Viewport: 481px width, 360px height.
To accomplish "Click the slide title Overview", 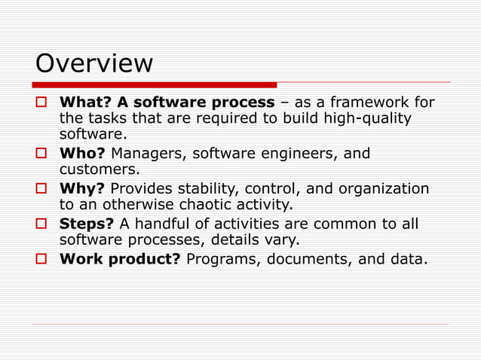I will tap(94, 63).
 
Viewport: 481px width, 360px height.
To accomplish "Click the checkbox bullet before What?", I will tap(42, 102).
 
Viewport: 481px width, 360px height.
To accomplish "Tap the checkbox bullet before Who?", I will tap(42, 154).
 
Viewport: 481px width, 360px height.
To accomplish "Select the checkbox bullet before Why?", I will tap(42, 189).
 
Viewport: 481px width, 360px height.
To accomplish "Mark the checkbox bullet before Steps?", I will tap(42, 224).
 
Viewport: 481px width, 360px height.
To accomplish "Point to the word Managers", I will tap(147, 154).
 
